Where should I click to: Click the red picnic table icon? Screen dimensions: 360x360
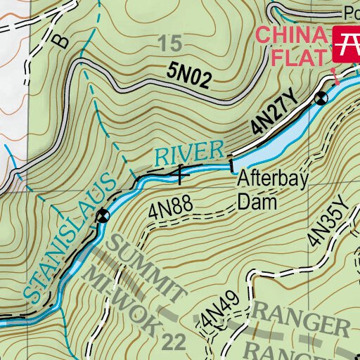347,43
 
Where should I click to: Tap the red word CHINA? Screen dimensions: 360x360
292,35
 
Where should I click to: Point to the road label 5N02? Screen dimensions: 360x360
189,76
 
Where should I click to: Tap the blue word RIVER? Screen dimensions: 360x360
190,153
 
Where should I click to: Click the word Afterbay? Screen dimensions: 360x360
271,181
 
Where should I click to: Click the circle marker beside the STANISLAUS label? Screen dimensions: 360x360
103,214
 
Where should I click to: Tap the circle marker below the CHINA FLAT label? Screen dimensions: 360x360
321,98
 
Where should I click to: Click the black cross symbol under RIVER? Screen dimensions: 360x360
181,171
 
